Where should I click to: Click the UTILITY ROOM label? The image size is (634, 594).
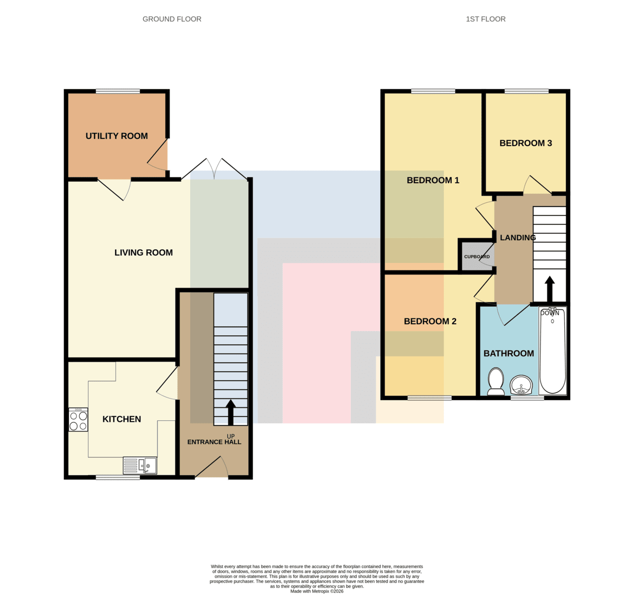(117, 136)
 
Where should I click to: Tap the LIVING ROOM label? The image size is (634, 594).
(143, 252)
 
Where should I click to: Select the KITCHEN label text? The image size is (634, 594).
(122, 419)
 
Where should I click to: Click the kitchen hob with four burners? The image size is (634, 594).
(78, 420)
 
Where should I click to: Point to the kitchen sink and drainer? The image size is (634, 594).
(140, 465)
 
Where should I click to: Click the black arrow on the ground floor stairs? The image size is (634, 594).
(230, 412)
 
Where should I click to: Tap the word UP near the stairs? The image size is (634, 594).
(230, 436)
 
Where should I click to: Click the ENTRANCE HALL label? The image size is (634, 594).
(214, 442)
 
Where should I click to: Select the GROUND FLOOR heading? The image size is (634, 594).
(172, 19)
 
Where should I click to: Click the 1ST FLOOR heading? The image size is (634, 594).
(486, 19)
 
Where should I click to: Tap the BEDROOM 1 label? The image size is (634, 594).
(433, 181)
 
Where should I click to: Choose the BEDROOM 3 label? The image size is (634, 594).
(526, 143)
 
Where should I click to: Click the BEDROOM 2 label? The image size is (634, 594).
(430, 322)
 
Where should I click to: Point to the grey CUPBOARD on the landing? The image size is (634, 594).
(477, 256)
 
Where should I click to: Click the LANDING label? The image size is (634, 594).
(517, 238)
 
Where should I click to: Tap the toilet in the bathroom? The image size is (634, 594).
(496, 382)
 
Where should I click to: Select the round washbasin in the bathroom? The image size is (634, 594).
(521, 385)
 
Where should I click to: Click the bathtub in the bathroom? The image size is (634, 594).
(553, 351)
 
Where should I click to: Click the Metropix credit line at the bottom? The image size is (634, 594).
(316, 591)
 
